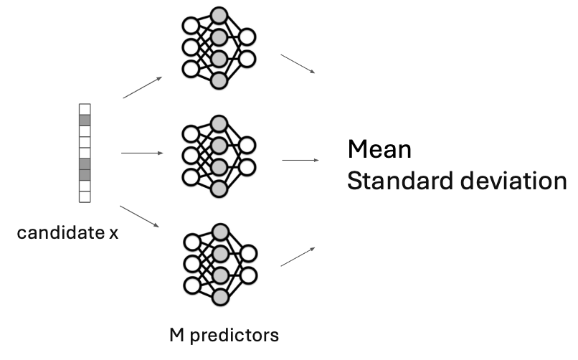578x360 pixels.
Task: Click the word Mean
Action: (x=379, y=150)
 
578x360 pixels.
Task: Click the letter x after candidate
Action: (x=113, y=234)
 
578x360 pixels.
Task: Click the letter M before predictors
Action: (x=176, y=334)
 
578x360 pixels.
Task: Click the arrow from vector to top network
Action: (x=142, y=87)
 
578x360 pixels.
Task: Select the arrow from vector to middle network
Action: (x=142, y=153)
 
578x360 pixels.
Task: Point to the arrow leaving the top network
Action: (x=298, y=62)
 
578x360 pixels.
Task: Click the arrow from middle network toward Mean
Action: (x=300, y=160)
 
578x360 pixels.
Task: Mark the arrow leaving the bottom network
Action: (x=298, y=257)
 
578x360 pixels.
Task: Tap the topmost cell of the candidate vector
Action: (x=85, y=109)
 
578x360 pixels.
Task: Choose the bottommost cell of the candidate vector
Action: (x=85, y=196)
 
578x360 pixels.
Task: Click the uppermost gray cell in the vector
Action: (x=85, y=120)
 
